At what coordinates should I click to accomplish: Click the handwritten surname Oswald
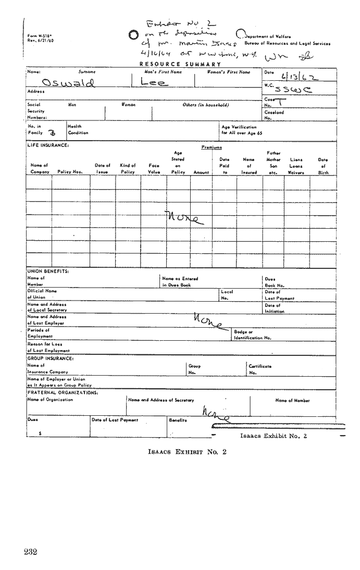pos(68,83)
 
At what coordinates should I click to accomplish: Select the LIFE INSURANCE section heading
pos(48,145)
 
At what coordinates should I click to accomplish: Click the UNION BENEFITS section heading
pos(48,271)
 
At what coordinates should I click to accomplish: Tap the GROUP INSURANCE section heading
pos(51,358)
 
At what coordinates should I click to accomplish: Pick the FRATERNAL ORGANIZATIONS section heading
pos(63,392)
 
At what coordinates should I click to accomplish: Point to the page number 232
pos(30,552)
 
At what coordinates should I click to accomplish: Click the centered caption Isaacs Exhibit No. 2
pos(187,452)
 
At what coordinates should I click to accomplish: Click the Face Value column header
pos(154,168)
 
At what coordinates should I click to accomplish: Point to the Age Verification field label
pos(239,130)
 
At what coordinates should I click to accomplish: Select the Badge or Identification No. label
pos(253,334)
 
